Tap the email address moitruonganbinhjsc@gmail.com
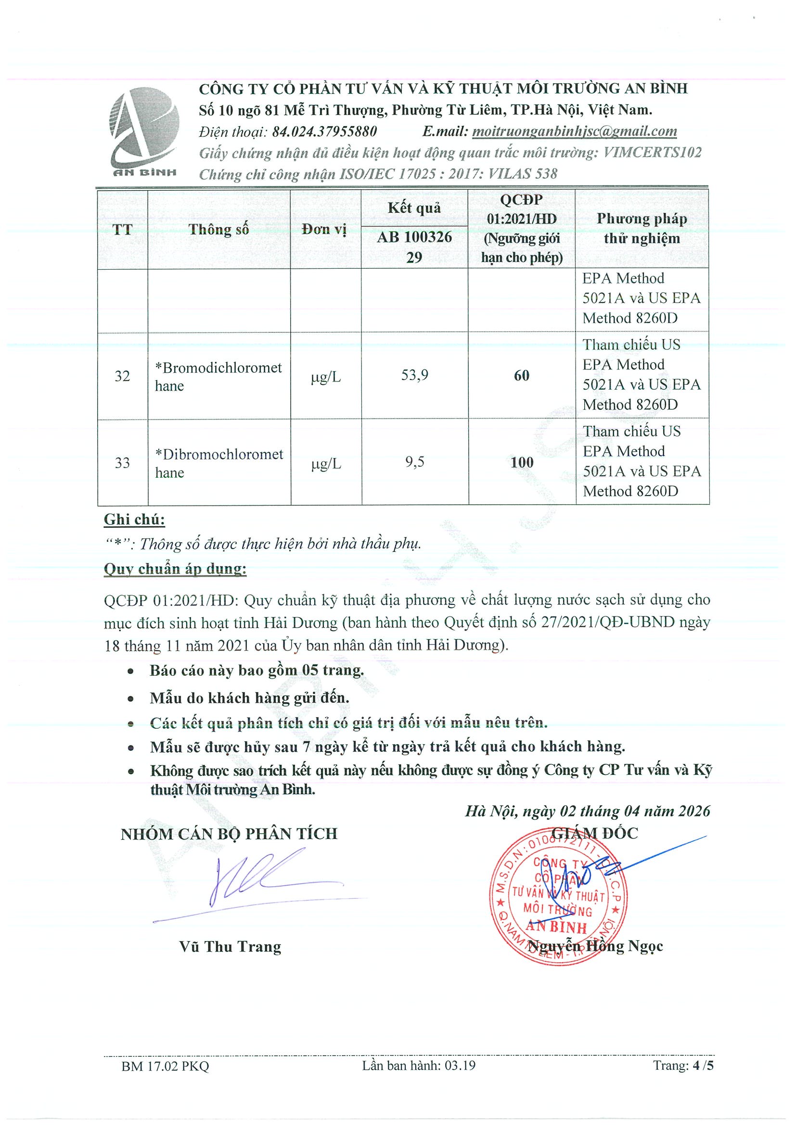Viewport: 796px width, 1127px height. point(574,131)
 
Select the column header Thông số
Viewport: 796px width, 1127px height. point(219,229)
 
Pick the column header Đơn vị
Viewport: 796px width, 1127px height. point(324,229)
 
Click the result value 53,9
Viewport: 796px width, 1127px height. point(414,375)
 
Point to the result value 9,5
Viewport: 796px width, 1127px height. point(414,462)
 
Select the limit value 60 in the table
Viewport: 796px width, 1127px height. point(521,376)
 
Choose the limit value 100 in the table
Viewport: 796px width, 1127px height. point(521,462)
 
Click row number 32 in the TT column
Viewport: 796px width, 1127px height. point(122,376)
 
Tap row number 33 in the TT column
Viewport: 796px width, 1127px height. point(122,463)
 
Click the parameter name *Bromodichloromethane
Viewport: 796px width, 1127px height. point(218,377)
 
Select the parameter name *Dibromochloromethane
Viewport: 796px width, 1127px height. point(219,463)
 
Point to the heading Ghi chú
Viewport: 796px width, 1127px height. point(134,519)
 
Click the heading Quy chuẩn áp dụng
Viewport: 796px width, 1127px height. point(175,569)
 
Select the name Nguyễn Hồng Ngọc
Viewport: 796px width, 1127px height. point(595,946)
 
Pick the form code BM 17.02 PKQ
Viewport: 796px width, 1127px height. point(165,1066)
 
